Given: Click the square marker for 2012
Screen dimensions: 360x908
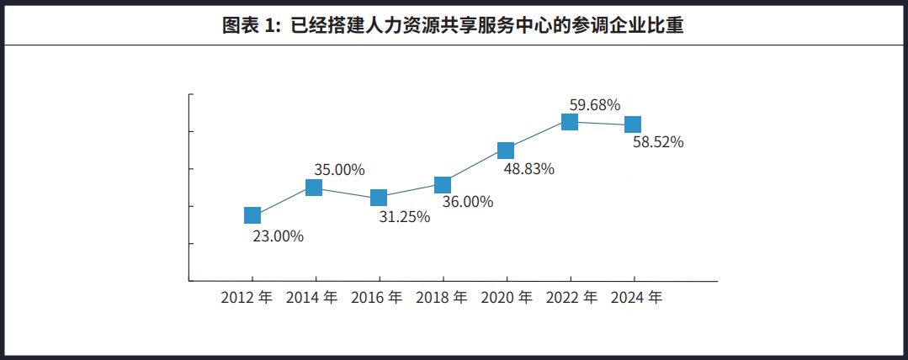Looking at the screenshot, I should (x=252, y=215).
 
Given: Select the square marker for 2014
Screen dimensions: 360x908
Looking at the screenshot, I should (x=314, y=188).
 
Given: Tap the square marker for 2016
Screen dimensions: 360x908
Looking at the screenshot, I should (x=379, y=198).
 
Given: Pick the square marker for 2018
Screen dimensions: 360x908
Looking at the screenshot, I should (x=443, y=185).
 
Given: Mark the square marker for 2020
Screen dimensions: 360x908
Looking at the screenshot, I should (x=506, y=151).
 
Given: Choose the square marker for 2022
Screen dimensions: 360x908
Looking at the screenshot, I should (x=570, y=122).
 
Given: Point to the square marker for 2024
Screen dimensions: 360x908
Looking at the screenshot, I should (x=633, y=124).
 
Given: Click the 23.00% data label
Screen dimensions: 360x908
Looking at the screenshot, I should (x=278, y=236).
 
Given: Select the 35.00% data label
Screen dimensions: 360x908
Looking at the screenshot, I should (x=339, y=169).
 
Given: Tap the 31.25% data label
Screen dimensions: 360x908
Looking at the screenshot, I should (x=404, y=217).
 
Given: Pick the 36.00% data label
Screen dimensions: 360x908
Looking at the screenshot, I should (x=467, y=202).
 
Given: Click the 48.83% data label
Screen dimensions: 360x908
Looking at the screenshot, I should (x=528, y=168).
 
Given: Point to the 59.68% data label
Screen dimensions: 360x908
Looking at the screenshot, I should (x=595, y=105).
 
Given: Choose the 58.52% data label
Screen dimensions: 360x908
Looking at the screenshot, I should (x=658, y=142).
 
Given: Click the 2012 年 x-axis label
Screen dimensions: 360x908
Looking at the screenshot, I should (x=247, y=297).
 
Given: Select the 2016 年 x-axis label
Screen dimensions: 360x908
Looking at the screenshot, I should (x=376, y=297).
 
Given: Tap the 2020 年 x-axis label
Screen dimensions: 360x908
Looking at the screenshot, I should (x=506, y=297).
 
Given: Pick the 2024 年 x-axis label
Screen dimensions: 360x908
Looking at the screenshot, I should (x=636, y=297).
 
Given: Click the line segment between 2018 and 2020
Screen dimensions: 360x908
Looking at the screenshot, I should (x=475, y=167).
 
